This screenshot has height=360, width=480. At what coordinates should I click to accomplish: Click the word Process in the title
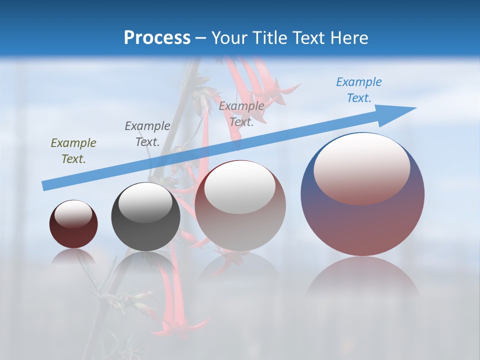(x=157, y=37)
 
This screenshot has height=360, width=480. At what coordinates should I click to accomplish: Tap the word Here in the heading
(x=349, y=37)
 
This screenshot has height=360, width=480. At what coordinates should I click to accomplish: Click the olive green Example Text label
(x=73, y=150)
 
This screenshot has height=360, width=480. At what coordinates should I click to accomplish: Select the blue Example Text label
(x=358, y=89)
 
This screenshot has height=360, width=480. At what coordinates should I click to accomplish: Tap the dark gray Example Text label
(x=147, y=133)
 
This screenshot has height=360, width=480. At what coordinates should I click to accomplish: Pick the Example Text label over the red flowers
(x=241, y=113)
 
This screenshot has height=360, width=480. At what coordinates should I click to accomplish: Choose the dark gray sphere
(x=145, y=230)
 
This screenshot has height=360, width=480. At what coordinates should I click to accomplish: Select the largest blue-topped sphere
(x=362, y=220)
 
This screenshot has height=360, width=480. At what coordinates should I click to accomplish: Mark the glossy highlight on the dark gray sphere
(x=145, y=202)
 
